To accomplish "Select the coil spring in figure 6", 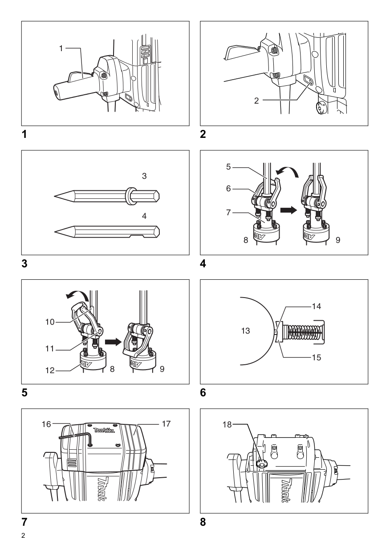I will coord(302,331).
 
